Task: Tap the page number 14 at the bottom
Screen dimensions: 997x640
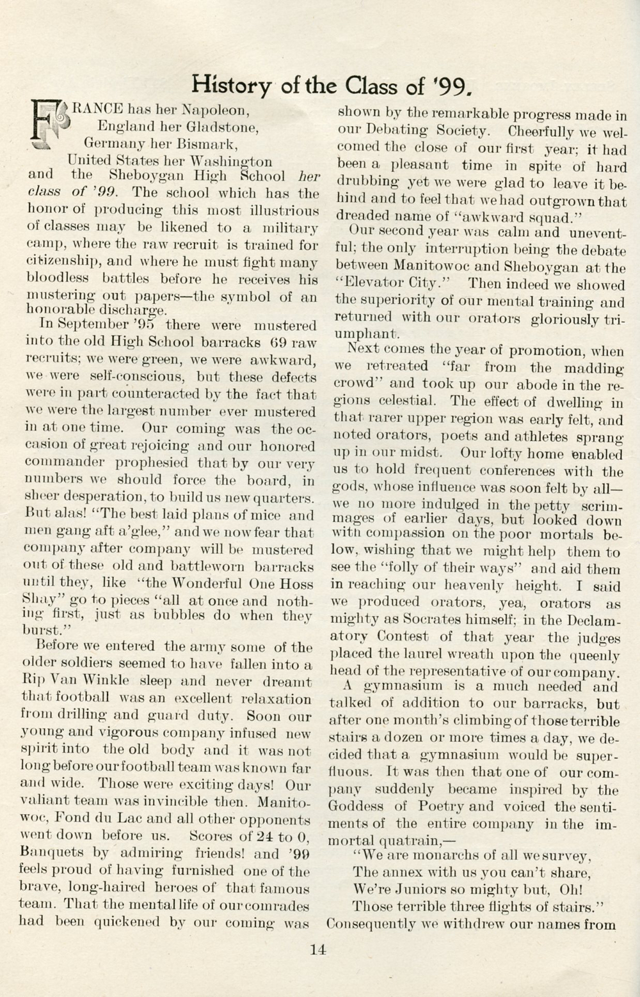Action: [318, 950]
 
